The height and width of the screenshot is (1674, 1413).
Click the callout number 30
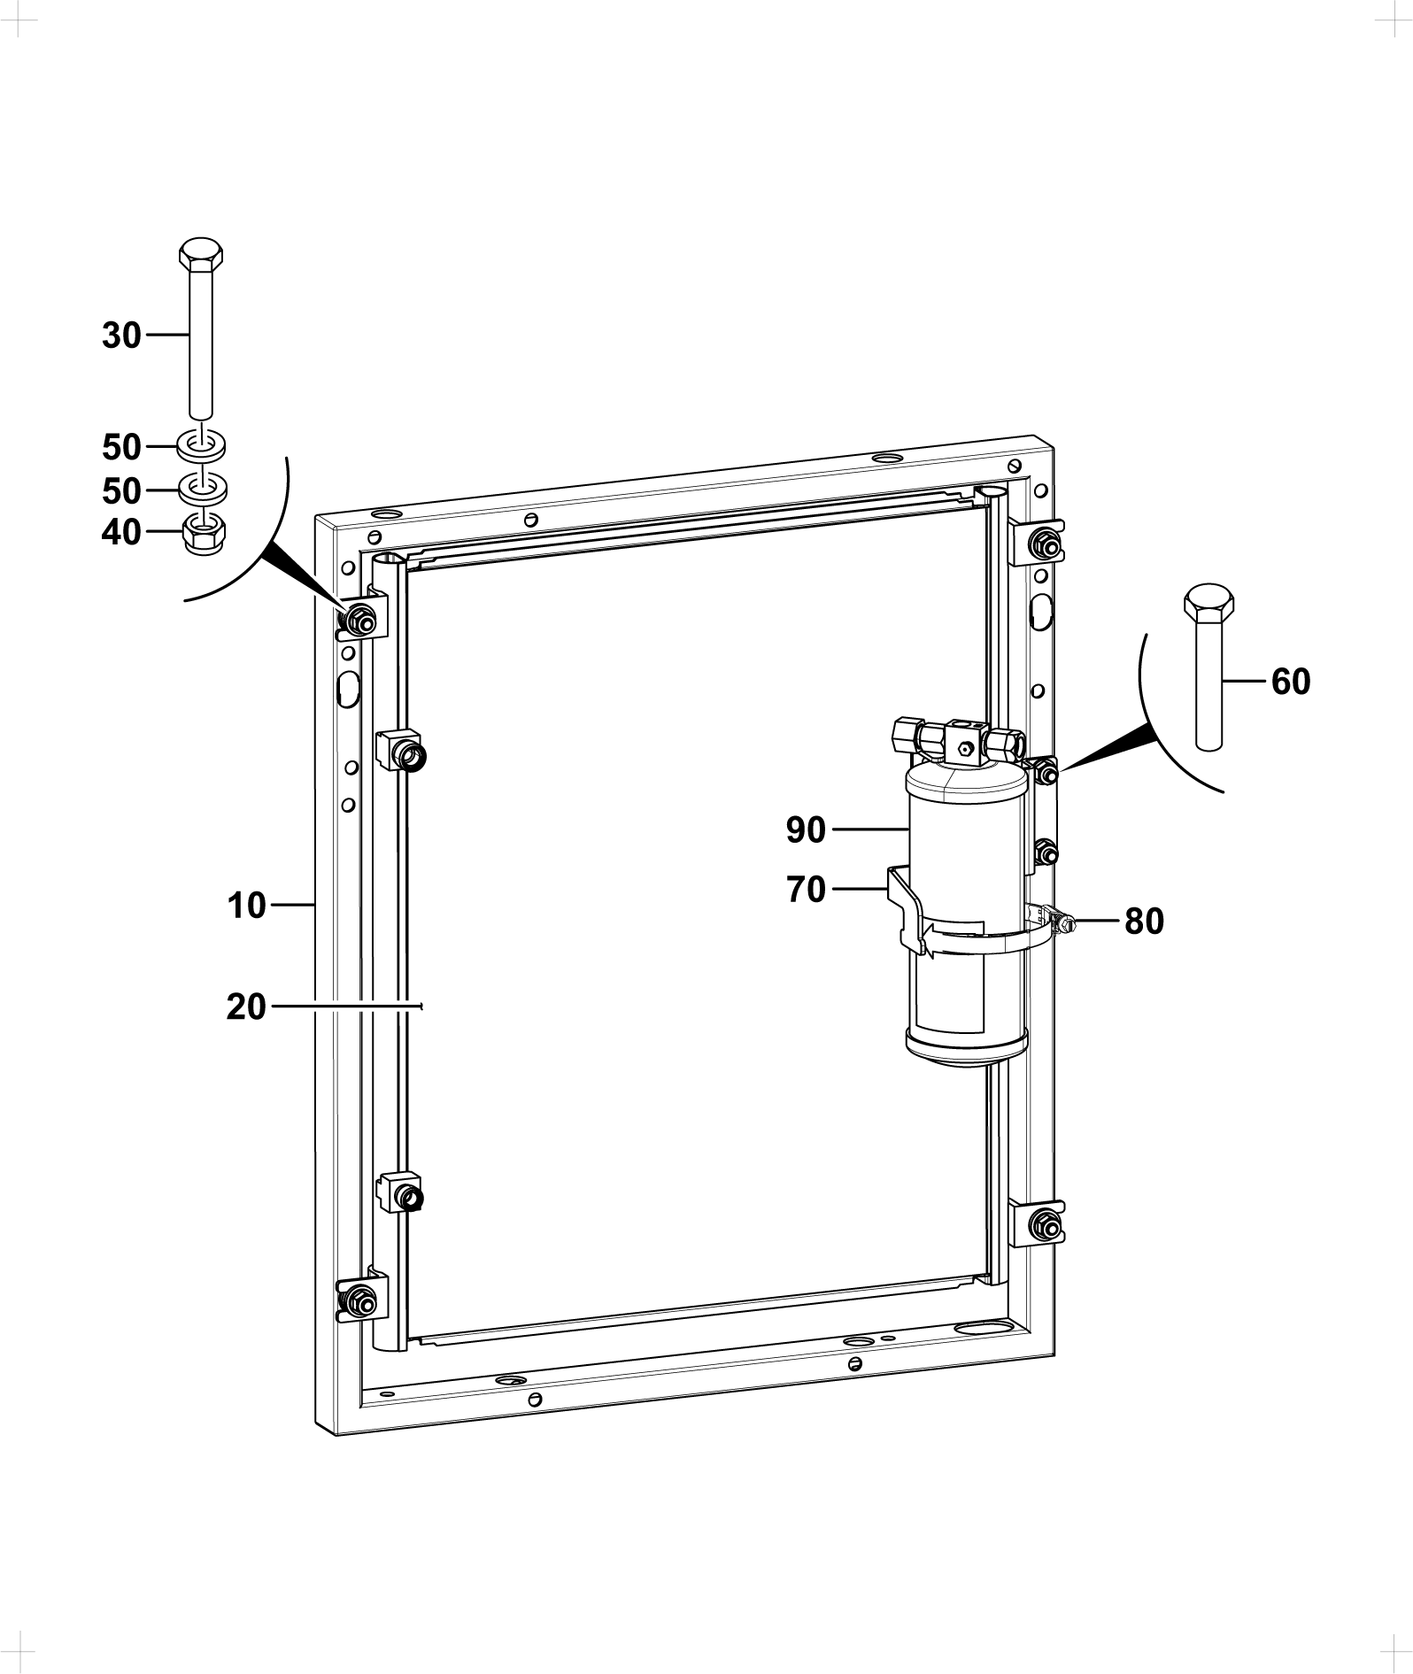(x=121, y=336)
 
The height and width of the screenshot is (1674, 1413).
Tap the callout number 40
(x=121, y=532)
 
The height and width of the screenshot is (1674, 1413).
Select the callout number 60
(x=1291, y=682)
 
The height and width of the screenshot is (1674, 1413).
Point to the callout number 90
(x=806, y=830)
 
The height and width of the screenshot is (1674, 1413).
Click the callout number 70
(x=806, y=890)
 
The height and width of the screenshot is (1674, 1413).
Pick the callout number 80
(x=1144, y=922)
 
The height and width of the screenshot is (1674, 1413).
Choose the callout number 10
(x=246, y=906)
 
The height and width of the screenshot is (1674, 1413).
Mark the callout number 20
(x=246, y=1007)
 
